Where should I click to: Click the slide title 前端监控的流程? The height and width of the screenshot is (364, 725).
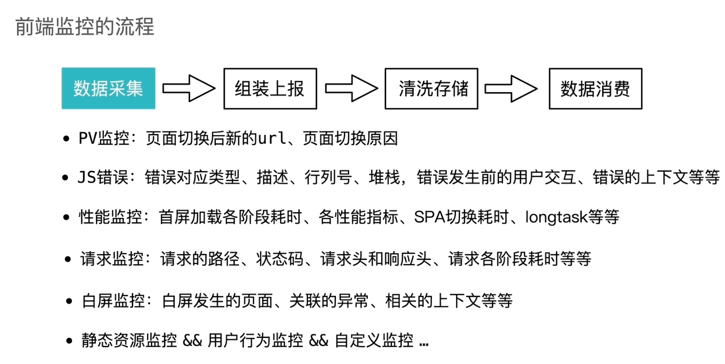click(85, 27)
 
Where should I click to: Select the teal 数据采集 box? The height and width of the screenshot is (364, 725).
click(108, 89)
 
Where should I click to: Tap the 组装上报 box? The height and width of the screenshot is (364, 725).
click(270, 89)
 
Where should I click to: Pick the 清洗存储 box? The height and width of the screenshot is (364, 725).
click(431, 89)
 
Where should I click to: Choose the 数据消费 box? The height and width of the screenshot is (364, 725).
click(595, 89)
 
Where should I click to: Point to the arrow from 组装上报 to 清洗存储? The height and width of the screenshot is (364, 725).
click(351, 89)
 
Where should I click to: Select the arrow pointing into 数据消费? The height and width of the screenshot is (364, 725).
click(512, 89)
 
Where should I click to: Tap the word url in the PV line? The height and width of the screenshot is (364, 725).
click(272, 139)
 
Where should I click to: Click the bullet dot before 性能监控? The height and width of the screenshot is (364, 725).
click(67, 217)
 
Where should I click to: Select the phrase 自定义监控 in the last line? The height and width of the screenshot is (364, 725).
click(374, 341)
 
